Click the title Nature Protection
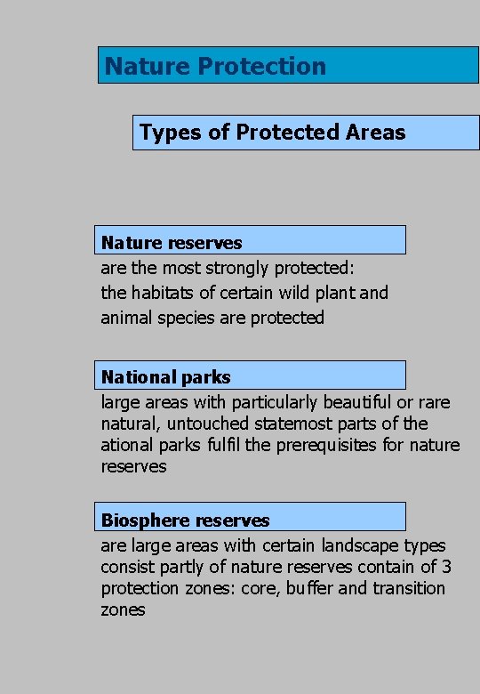point(215,66)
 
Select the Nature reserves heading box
point(250,241)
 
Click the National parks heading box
point(250,375)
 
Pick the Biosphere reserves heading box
point(250,518)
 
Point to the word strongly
point(238,268)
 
